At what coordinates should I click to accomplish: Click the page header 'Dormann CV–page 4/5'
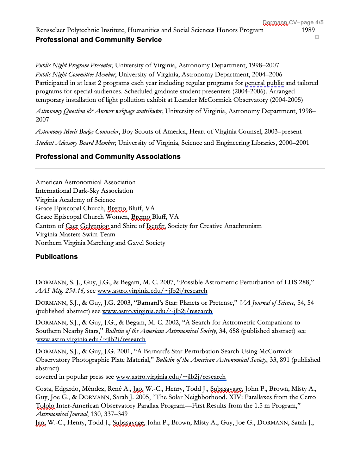[x=293, y=23]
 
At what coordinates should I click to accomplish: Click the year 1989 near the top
[x=308, y=30]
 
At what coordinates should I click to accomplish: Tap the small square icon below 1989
[x=317, y=37]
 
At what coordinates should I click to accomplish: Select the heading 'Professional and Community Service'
[x=99, y=40]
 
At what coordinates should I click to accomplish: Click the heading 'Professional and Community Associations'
[x=108, y=157]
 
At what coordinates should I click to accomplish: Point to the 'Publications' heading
[x=56, y=257]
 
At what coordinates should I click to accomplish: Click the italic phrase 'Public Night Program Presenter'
[x=74, y=65]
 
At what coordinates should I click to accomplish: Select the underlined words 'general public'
[x=264, y=83]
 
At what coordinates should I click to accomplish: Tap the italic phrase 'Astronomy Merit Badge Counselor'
[x=77, y=131]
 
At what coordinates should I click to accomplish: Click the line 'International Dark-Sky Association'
[x=84, y=191]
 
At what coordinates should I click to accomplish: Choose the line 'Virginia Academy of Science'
[x=75, y=200]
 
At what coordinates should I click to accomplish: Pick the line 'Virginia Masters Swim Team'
[x=75, y=234]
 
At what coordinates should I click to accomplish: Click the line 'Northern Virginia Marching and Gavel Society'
[x=100, y=243]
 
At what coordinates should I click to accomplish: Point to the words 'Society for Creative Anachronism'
[x=215, y=226]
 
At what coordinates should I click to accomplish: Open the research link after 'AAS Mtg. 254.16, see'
[x=152, y=291]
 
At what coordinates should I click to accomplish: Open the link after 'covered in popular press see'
[x=171, y=377]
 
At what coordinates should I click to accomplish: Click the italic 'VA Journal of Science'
[x=267, y=303]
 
